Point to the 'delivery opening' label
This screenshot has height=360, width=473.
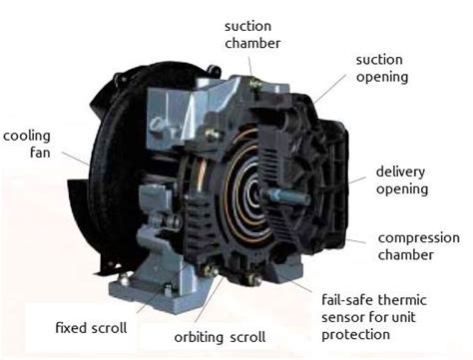coord(402,180)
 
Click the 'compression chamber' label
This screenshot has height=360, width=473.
coord(419,245)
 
